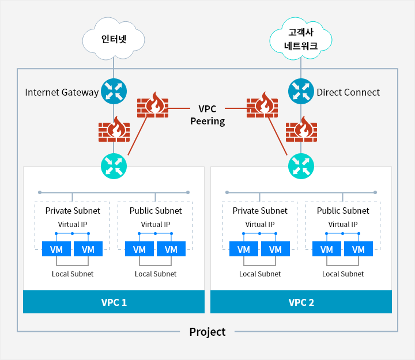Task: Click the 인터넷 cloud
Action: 114,39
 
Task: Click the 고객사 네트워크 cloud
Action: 301,39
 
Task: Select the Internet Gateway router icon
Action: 114,91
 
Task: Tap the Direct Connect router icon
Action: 301,91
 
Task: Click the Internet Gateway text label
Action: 62,92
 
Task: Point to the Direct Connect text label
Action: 348,92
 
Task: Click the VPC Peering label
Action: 207,115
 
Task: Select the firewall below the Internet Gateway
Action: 114,129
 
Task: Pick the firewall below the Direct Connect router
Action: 301,129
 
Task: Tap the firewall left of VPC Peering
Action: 153,105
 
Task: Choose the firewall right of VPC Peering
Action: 262,105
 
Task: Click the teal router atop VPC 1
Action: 114,166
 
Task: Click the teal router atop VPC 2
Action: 301,166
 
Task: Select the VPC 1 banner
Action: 114,302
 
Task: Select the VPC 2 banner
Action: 301,302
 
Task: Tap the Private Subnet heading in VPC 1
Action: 73,211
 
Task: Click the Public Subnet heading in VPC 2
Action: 343,211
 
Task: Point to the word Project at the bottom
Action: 207,332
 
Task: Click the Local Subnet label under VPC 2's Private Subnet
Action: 260,274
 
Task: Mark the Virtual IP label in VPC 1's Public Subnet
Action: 156,224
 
